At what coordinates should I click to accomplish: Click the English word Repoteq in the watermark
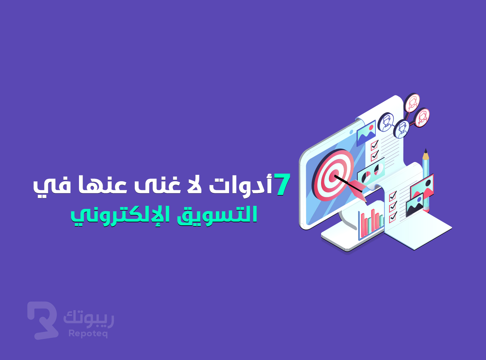pyautogui.click(x=88, y=334)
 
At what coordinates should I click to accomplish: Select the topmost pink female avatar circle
pyautogui.click(x=412, y=103)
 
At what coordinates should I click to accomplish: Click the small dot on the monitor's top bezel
pyautogui.click(x=351, y=132)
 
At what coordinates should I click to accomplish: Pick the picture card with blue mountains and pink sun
pyautogui.click(x=366, y=133)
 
